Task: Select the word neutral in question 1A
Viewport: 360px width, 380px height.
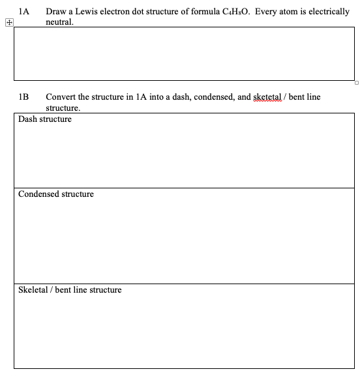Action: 59,22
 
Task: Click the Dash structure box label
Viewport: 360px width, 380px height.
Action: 45,119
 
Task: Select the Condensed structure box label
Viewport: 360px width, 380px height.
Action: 56,194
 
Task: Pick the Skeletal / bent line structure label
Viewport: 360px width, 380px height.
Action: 70,289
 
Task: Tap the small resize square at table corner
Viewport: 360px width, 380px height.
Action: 357,83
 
